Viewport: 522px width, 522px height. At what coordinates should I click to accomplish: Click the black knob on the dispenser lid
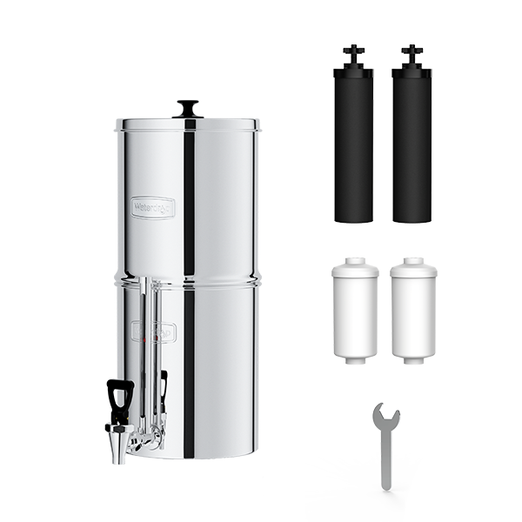click(187, 108)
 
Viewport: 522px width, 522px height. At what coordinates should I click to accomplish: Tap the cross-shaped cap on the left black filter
click(352, 55)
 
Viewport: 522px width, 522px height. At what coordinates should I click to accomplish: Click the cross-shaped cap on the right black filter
click(412, 55)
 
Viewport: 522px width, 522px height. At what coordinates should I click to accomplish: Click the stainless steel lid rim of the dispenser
click(189, 124)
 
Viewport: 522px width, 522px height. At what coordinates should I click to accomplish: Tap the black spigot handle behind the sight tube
click(164, 388)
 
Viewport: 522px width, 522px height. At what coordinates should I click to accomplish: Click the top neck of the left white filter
click(355, 260)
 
